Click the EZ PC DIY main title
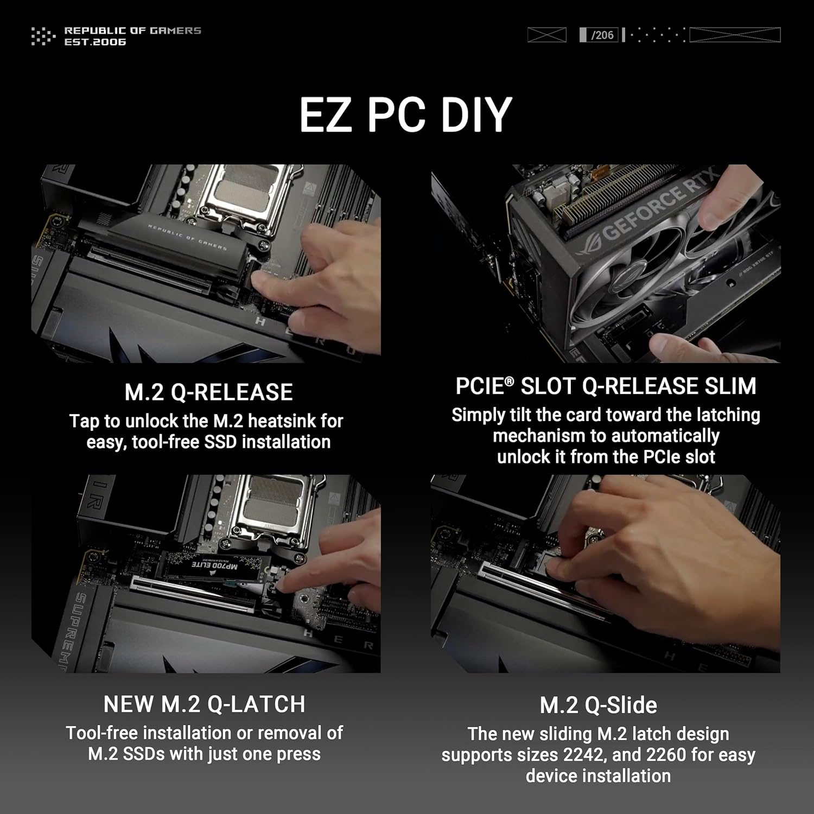point(406,115)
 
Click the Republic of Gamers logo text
point(132,36)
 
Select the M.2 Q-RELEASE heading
point(208,392)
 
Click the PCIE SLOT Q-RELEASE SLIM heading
point(606,386)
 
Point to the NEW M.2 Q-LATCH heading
point(204,704)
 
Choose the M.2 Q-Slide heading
point(598,705)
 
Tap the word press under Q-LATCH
point(298,754)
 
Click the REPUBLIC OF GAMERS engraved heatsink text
point(187,238)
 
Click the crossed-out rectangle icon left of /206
point(546,35)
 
